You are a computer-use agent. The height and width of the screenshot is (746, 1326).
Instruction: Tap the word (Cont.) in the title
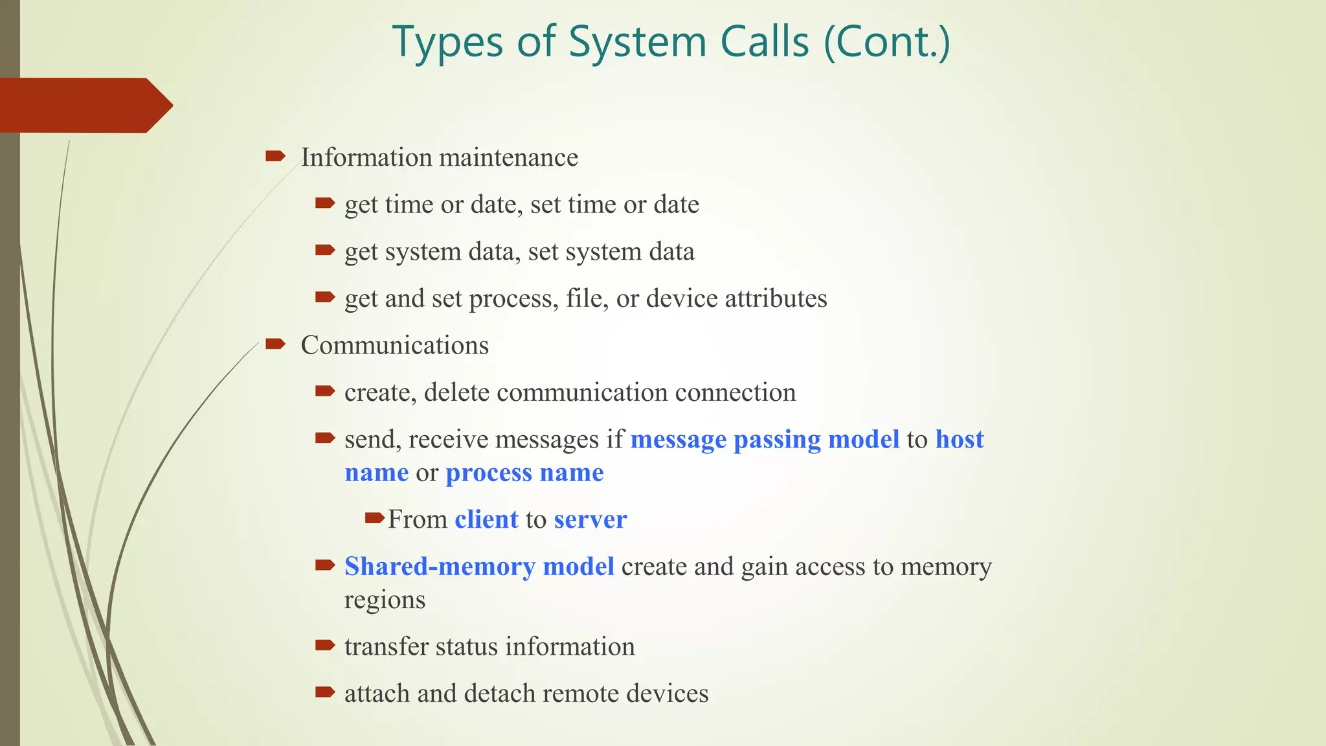[886, 43]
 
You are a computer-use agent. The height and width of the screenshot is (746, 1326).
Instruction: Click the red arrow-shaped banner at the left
[84, 105]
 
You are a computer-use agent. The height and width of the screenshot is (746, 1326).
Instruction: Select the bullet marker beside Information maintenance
[275, 156]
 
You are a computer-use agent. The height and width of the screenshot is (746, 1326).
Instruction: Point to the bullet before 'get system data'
[324, 250]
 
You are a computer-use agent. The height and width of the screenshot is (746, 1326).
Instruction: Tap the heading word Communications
[394, 345]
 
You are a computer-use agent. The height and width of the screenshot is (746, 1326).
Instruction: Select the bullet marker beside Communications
[275, 344]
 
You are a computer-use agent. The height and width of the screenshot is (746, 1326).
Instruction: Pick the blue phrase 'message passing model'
[765, 440]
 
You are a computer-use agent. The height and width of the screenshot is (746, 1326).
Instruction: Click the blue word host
[960, 440]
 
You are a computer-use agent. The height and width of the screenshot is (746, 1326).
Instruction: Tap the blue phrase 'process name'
[524, 473]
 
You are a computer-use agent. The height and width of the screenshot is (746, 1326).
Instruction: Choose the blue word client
[486, 519]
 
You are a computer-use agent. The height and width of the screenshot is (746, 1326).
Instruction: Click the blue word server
[590, 519]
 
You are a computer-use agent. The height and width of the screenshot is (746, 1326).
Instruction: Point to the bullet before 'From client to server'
[374, 518]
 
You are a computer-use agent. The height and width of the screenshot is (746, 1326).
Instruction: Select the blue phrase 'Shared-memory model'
[479, 567]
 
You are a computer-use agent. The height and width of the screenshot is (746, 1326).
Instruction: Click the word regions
[385, 600]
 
